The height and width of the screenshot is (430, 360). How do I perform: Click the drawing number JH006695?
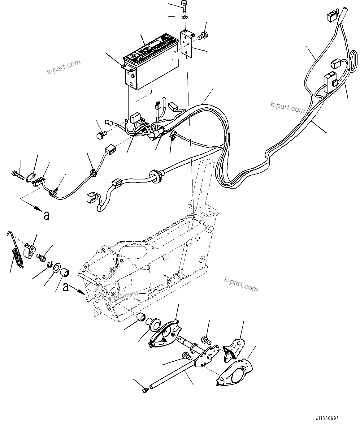327,418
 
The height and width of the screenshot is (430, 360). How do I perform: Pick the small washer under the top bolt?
184,17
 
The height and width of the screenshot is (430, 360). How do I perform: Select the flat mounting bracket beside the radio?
188,43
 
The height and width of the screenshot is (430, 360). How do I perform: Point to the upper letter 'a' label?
46,215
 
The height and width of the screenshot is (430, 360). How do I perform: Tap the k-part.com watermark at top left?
63,67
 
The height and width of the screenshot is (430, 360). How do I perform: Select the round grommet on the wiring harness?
154,175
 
